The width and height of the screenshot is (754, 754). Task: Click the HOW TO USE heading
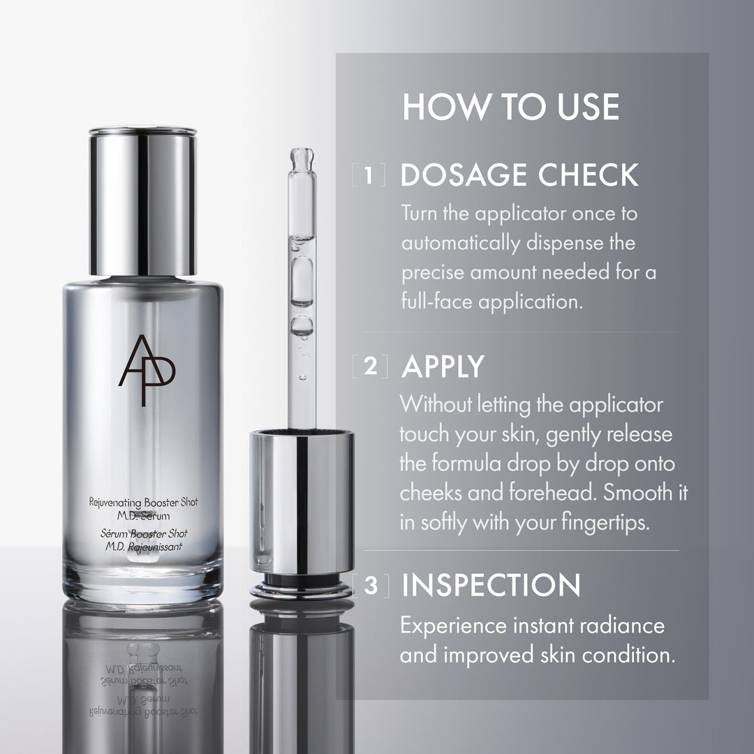click(510, 108)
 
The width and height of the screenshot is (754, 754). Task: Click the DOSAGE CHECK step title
click(519, 176)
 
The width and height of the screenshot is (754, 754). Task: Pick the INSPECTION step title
click(491, 586)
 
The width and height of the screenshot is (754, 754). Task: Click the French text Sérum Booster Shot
click(142, 534)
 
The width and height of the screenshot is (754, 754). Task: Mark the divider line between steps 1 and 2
click(520, 332)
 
